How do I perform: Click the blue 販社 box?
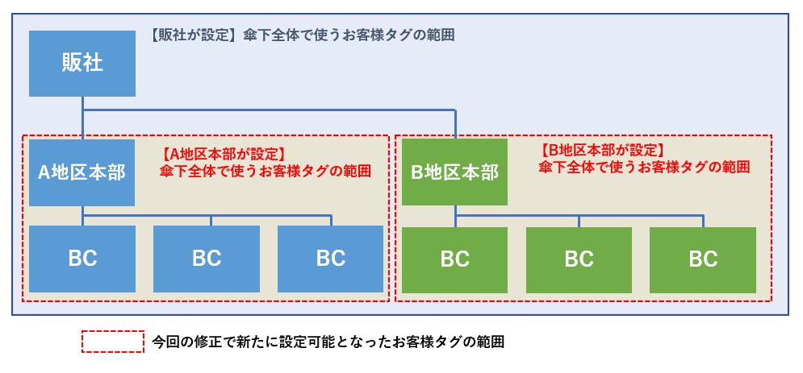(82, 63)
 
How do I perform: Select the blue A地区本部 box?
(82, 172)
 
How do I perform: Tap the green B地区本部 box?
(454, 172)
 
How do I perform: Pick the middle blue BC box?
(207, 259)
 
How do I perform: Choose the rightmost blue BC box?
(330, 259)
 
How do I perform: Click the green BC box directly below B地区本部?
(454, 259)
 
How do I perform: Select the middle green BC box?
(579, 259)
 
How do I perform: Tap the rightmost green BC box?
(703, 259)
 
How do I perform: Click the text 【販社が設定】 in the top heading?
(190, 35)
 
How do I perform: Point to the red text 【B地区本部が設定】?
(601, 150)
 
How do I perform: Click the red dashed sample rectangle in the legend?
(113, 341)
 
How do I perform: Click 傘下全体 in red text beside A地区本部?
(186, 171)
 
